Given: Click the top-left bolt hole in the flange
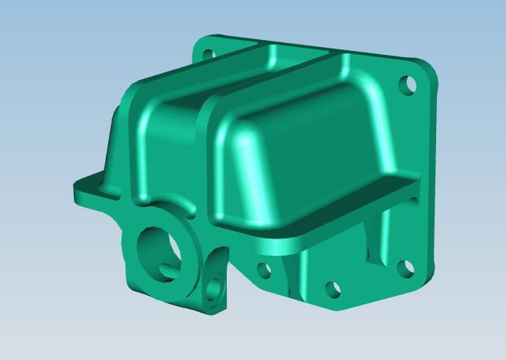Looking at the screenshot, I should pyautogui.click(x=209, y=55).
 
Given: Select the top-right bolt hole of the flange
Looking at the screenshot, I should pyautogui.click(x=406, y=83).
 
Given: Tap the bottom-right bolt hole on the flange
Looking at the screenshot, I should pyautogui.click(x=405, y=268).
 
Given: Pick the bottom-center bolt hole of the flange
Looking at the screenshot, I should pyautogui.click(x=333, y=289).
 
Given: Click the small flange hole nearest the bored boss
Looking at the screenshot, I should pyautogui.click(x=264, y=271).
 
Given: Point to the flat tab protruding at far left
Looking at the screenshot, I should pyautogui.click(x=88, y=192).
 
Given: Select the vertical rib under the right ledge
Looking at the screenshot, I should pyautogui.click(x=375, y=239).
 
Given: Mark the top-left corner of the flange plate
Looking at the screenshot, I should pyautogui.click(x=198, y=43).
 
